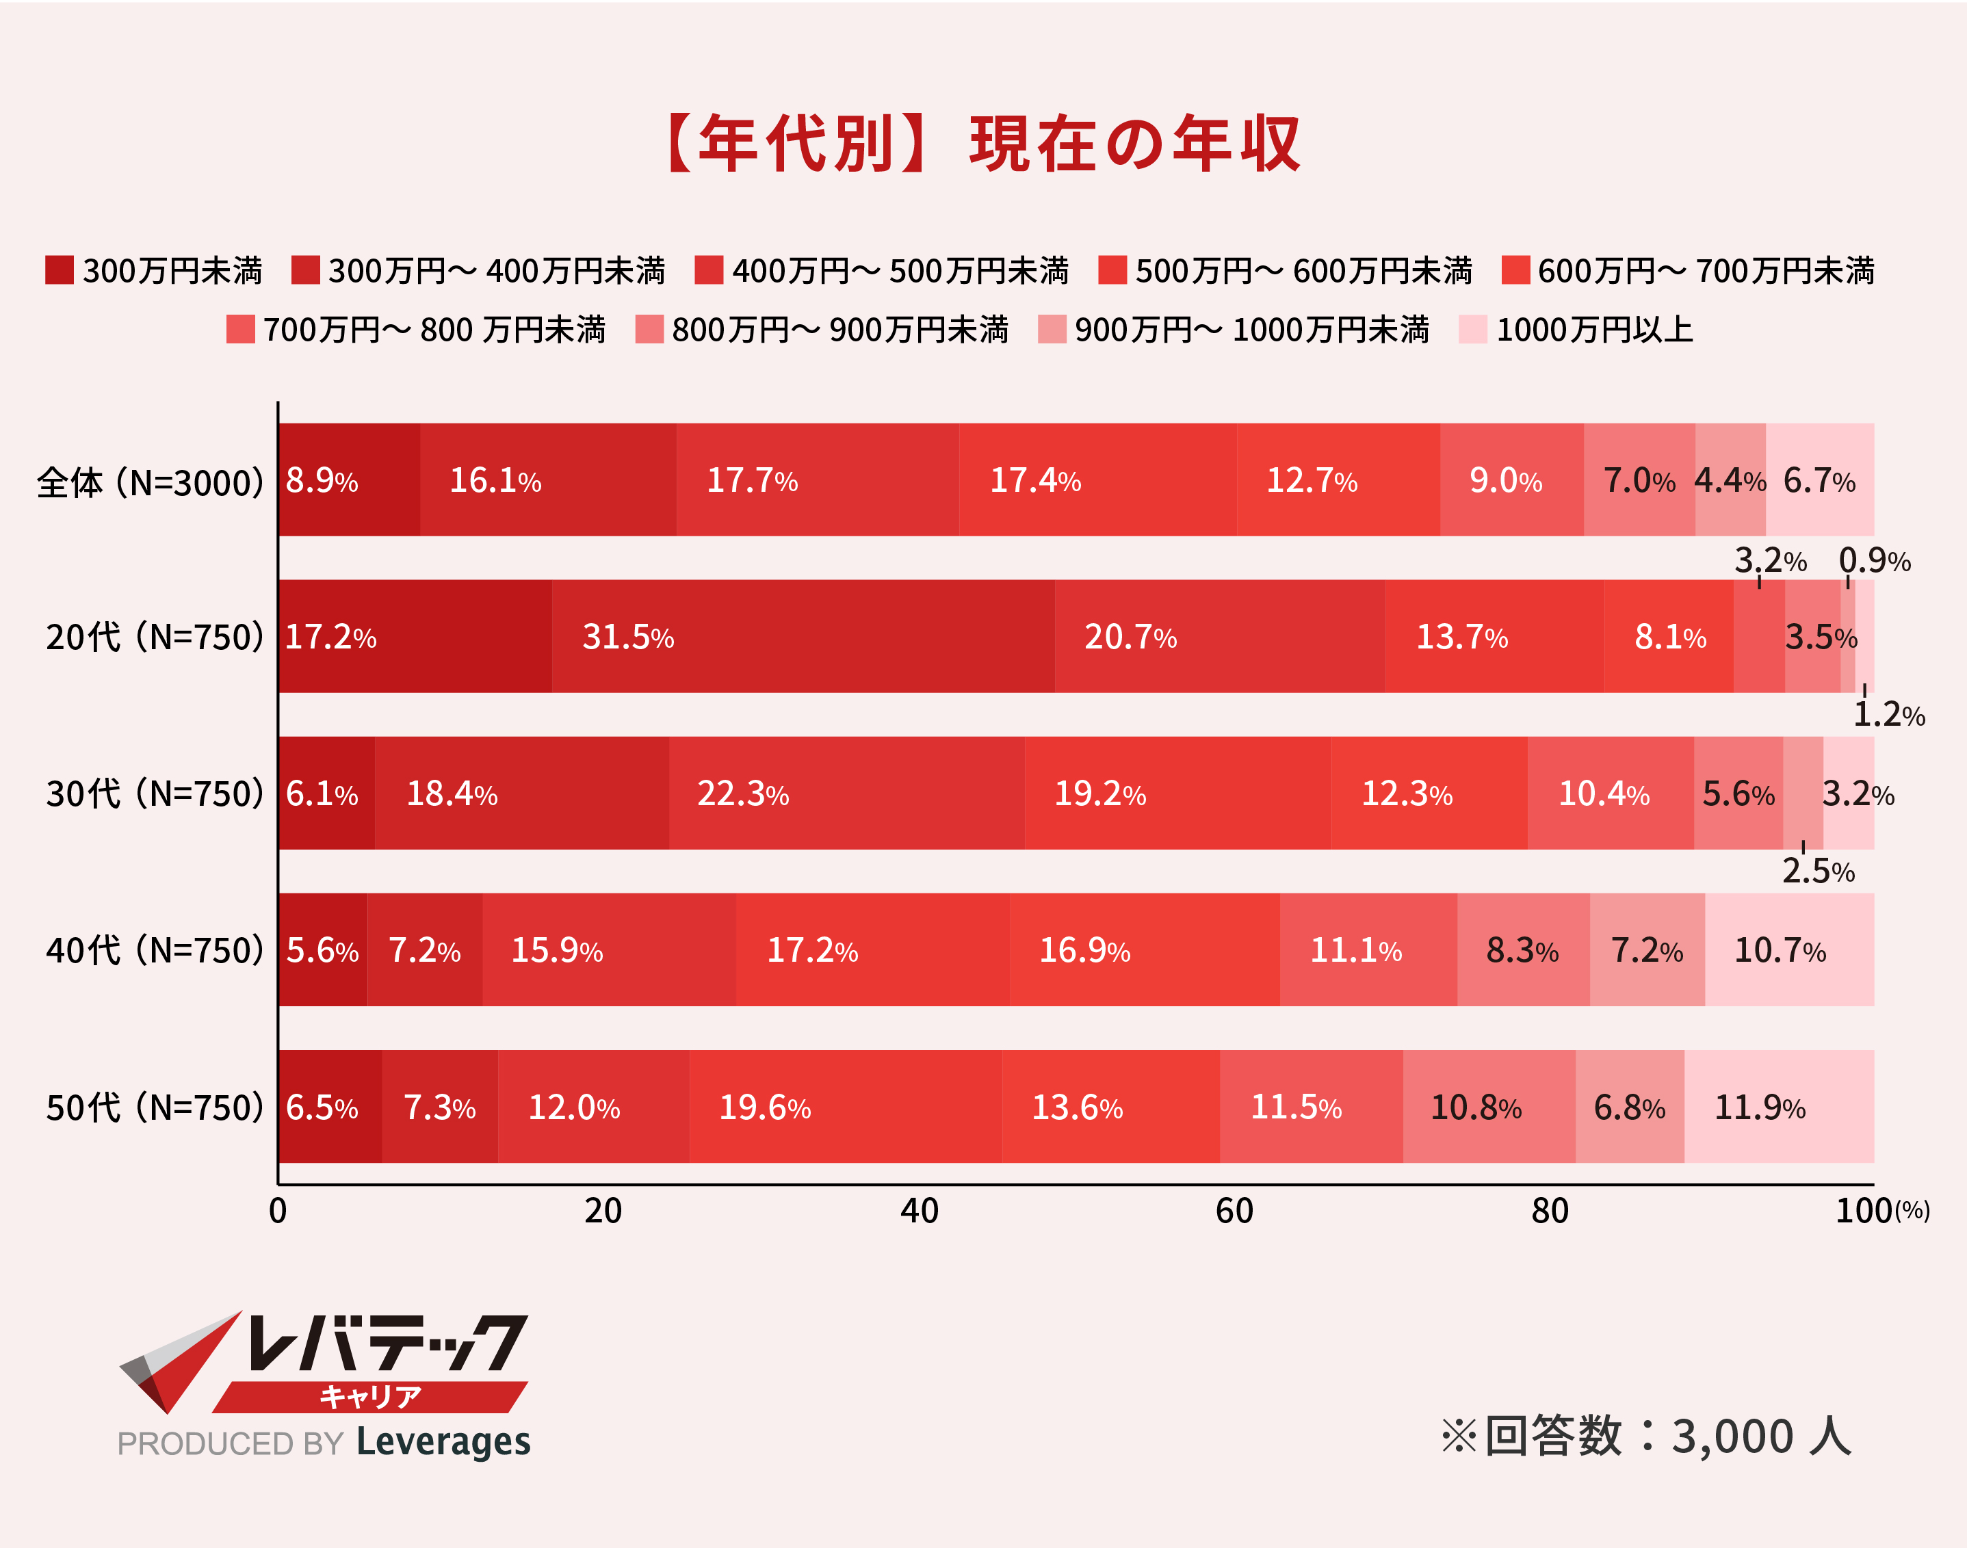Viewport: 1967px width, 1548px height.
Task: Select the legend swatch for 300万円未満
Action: click(60, 270)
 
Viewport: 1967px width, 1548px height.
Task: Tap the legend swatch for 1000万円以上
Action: click(1473, 329)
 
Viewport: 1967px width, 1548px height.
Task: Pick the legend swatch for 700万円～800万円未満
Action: click(240, 329)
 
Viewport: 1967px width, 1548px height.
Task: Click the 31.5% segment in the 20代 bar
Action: click(803, 636)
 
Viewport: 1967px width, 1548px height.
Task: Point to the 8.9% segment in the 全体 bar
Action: click(349, 480)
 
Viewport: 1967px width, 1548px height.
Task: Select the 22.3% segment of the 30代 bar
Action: click(846, 793)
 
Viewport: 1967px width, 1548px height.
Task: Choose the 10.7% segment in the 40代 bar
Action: click(1788, 950)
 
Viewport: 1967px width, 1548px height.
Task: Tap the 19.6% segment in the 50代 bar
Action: click(845, 1107)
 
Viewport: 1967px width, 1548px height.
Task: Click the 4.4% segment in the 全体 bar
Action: click(1730, 480)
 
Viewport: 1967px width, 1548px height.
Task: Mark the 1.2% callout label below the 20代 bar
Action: click(1888, 715)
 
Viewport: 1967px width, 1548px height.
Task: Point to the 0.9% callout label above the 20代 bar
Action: click(1875, 561)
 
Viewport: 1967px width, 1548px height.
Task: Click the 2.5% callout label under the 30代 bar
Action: click(1817, 871)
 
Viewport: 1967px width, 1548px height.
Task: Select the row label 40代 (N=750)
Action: click(154, 950)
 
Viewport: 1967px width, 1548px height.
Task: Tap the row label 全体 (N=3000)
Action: click(150, 482)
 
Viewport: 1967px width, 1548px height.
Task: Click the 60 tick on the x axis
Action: click(1234, 1211)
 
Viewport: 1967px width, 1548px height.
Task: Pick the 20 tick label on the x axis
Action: click(603, 1211)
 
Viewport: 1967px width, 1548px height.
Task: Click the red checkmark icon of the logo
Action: click(181, 1359)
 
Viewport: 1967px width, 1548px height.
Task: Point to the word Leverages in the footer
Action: click(443, 1441)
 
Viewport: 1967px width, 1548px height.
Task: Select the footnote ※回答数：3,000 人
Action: click(1645, 1437)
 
